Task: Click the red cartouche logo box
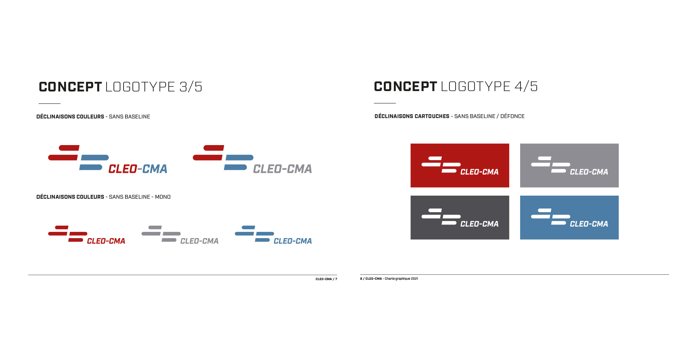[459, 166]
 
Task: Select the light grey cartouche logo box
[569, 166]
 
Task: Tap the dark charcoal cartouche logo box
[459, 218]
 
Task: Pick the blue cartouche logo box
[569, 218]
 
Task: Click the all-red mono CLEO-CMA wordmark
[106, 241]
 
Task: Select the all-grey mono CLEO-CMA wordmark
[200, 241]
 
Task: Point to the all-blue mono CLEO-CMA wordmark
[293, 241]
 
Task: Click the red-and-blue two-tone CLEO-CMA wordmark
[138, 169]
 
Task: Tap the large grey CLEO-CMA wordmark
[283, 169]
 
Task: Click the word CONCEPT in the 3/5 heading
[70, 87]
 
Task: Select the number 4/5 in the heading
[526, 86]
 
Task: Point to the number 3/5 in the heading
[191, 87]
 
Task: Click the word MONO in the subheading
[163, 197]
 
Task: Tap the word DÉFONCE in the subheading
[512, 116]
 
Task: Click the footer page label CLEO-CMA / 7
[326, 279]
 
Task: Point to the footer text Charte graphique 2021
[401, 279]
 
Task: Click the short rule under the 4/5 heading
[385, 103]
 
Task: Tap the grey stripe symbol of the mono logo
[161, 234]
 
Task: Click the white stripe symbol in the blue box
[551, 217]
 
